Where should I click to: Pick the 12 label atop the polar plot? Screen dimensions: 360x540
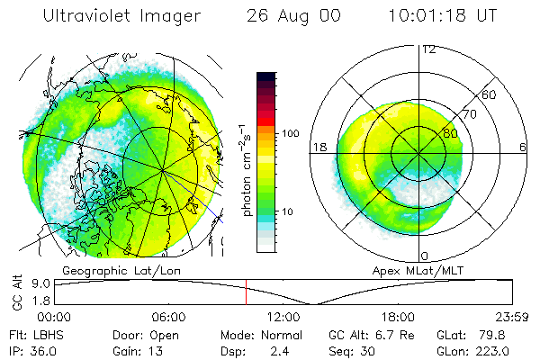[428, 49]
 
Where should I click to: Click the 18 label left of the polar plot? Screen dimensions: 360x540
[319, 146]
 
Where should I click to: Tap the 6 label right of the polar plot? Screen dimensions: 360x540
[523, 146]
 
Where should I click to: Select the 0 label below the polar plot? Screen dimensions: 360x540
[425, 256]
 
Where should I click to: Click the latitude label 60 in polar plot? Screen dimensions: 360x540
[489, 94]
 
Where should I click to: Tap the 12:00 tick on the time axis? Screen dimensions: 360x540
[283, 317]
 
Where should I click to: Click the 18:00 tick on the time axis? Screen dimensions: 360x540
[398, 317]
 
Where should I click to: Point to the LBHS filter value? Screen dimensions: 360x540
[41, 335]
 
